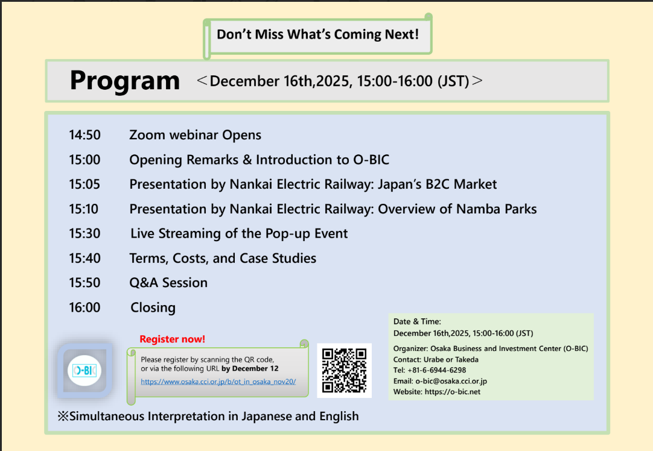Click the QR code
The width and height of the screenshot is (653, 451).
coord(344,370)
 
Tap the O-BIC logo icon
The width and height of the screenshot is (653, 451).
coord(84,370)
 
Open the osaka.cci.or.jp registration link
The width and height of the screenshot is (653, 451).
coord(218,382)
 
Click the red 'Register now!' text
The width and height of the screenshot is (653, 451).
coord(173,339)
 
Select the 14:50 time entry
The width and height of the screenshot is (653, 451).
coord(85,135)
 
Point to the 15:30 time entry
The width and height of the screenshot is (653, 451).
coord(85,233)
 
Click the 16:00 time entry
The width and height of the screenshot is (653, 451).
coord(85,307)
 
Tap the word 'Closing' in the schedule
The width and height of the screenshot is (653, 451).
coord(153,308)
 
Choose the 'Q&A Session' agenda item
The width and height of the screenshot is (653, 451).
coord(168,283)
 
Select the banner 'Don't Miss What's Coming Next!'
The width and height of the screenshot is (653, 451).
coord(318,34)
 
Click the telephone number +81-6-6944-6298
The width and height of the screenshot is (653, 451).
coord(437,370)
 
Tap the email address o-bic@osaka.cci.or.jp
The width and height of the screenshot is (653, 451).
coord(451,381)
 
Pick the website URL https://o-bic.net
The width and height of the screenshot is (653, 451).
coord(452,392)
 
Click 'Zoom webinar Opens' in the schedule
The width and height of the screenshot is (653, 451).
coord(196,135)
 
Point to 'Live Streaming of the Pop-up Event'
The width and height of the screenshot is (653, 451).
coord(239,234)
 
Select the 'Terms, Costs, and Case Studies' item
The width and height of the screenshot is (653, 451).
coord(223,259)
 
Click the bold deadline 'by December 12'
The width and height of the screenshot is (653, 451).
coord(250,368)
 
